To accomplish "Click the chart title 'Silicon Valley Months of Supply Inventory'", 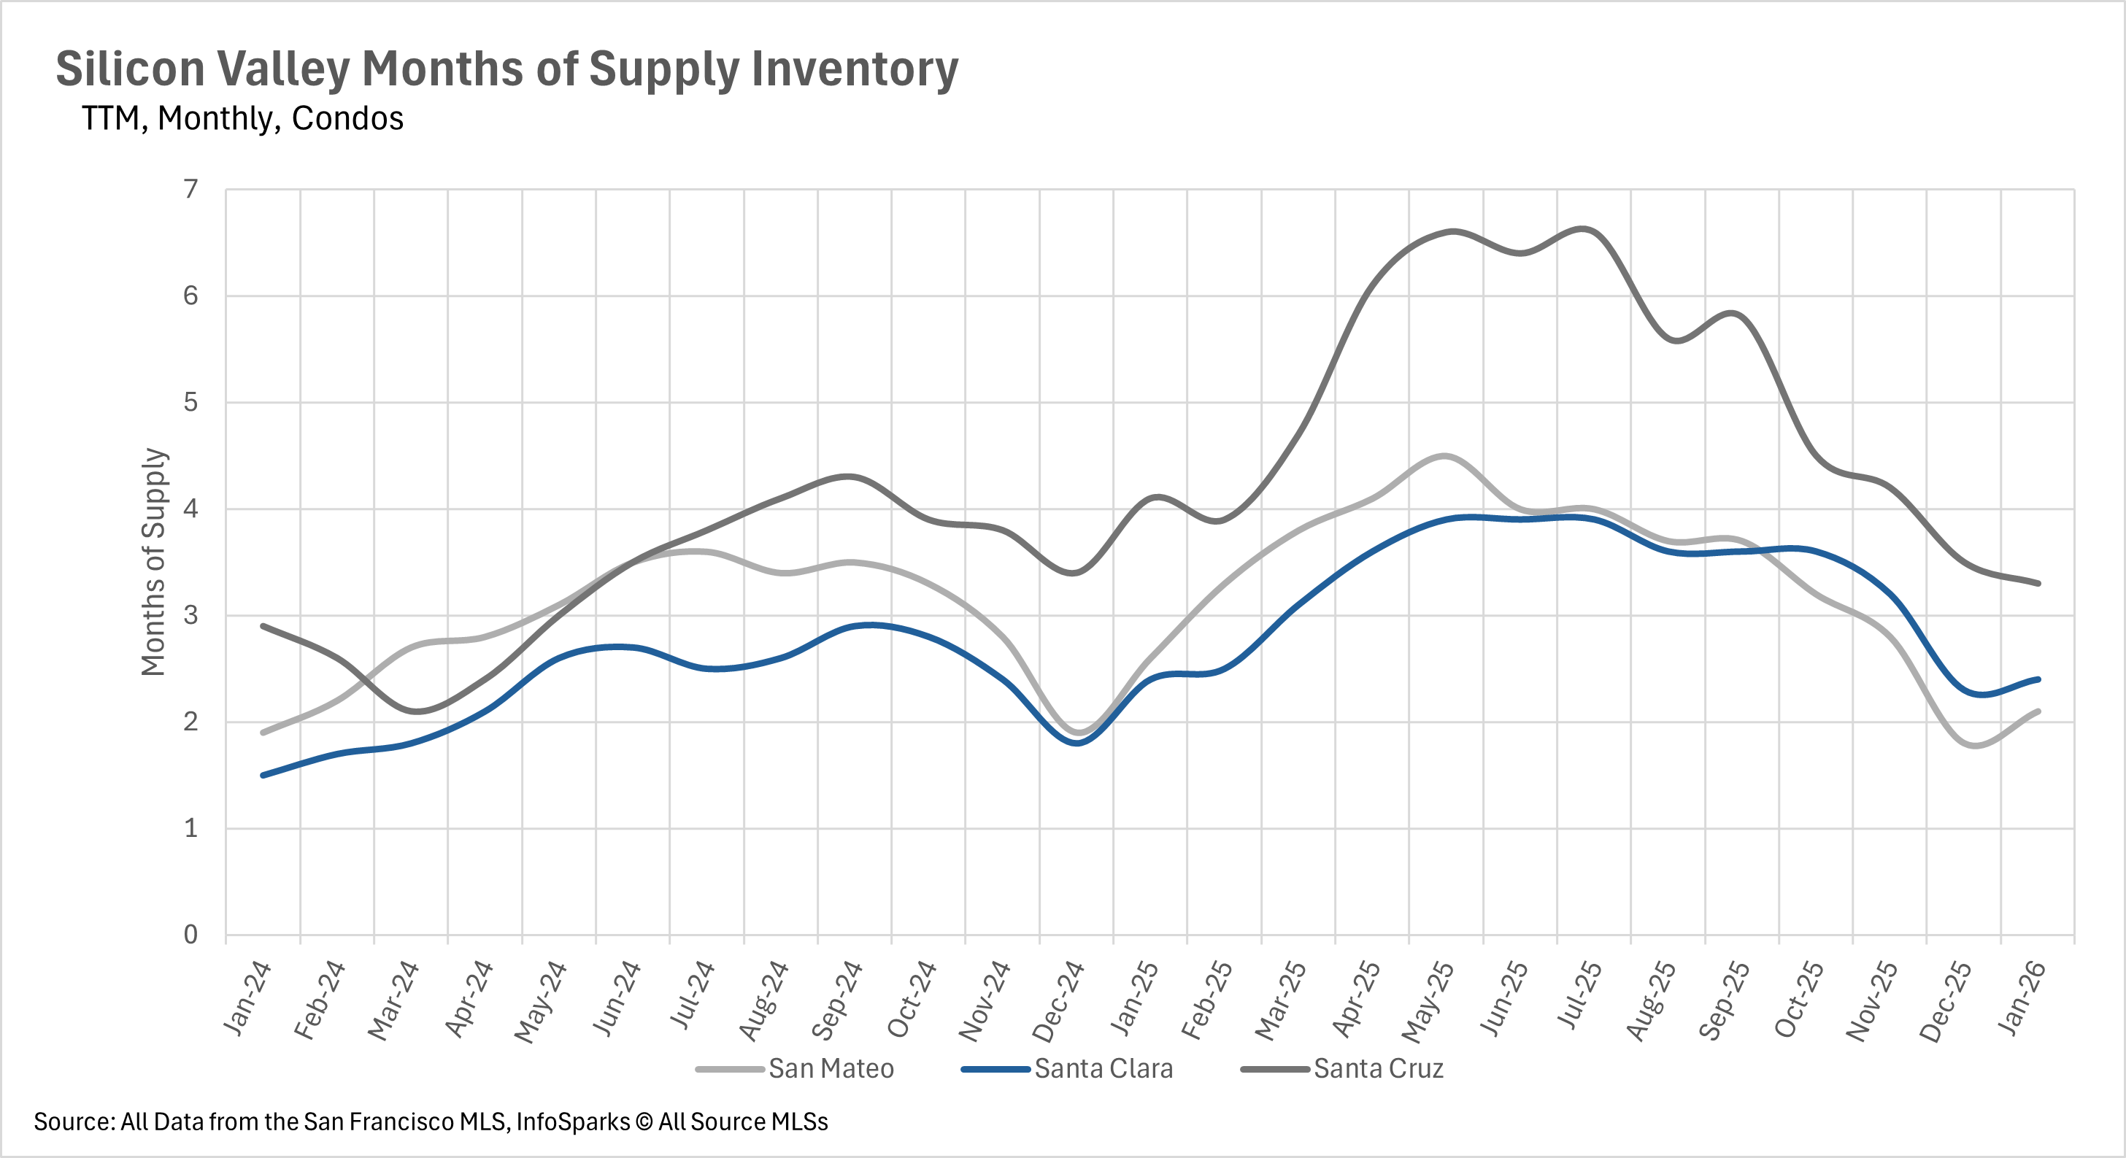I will tap(507, 69).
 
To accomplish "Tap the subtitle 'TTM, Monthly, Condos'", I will tap(242, 119).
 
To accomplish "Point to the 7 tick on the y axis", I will tap(191, 190).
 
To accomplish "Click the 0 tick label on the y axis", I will tap(191, 934).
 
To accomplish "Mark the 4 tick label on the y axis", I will tap(191, 509).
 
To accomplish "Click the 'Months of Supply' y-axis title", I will tap(153, 561).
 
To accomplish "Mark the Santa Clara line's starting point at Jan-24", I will tap(263, 775).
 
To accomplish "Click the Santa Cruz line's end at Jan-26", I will tap(2038, 584).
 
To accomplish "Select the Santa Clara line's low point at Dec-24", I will tap(1077, 743).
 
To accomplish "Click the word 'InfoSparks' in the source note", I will tap(573, 1122).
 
